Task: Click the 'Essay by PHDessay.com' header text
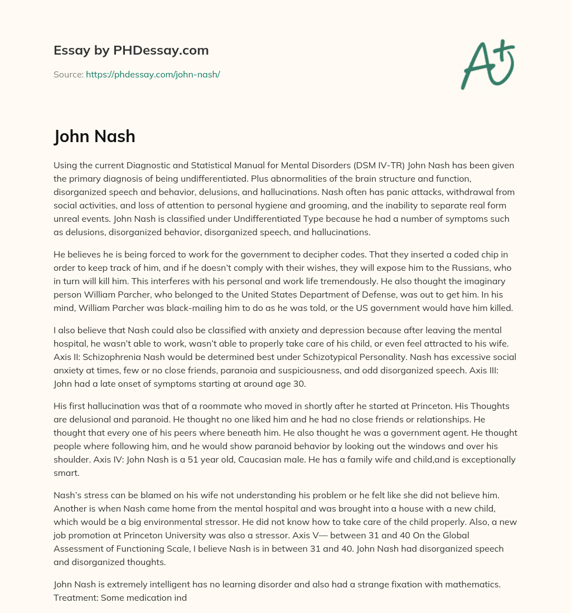pyautogui.click(x=131, y=51)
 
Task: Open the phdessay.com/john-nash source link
pyautogui.click(x=153, y=74)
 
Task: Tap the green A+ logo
pyautogui.click(x=487, y=64)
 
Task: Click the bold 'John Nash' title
pyautogui.click(x=94, y=136)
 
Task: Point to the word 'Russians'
pyautogui.click(x=457, y=268)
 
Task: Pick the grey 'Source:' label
pyautogui.click(x=68, y=74)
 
